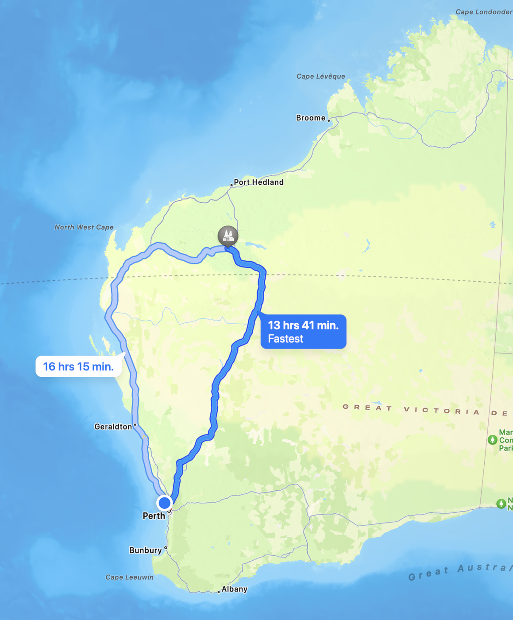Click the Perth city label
[154, 516]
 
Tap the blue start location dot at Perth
[165, 503]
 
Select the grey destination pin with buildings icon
[228, 236]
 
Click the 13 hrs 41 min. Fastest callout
[303, 332]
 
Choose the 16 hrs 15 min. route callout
[78, 367]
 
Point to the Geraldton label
[113, 426]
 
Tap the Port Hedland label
[258, 182]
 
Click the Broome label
[311, 118]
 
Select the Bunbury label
[145, 550]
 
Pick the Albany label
[234, 589]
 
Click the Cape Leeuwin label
[129, 577]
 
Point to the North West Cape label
[84, 227]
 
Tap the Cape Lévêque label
[320, 76]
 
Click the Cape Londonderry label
[484, 12]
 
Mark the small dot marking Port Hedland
[231, 185]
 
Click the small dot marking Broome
[328, 120]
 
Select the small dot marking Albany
[219, 592]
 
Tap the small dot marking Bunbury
[166, 548]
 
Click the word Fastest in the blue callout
[285, 339]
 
